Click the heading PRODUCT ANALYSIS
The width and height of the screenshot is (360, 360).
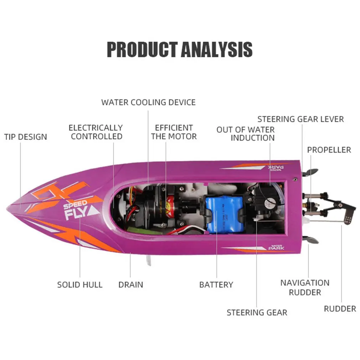pos(180,50)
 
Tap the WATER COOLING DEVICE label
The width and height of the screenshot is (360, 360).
pos(148,102)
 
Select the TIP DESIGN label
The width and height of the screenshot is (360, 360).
pos(26,137)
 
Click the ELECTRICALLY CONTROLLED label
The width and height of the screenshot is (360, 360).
pos(96,132)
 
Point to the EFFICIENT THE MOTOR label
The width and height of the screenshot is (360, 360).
pos(174,132)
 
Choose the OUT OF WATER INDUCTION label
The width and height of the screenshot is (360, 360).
pos(246,134)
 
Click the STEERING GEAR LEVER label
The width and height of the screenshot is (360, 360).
pos(300,119)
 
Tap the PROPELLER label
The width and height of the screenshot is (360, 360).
pos(329,150)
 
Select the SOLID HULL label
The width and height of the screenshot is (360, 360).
pos(80,285)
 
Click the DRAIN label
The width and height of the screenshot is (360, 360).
pos(131,285)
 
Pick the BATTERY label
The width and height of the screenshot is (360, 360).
pos(216,285)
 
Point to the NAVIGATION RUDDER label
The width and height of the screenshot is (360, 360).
pos(305,288)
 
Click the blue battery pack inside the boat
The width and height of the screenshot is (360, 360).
pos(224,214)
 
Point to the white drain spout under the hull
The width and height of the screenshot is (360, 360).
pos(148,261)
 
